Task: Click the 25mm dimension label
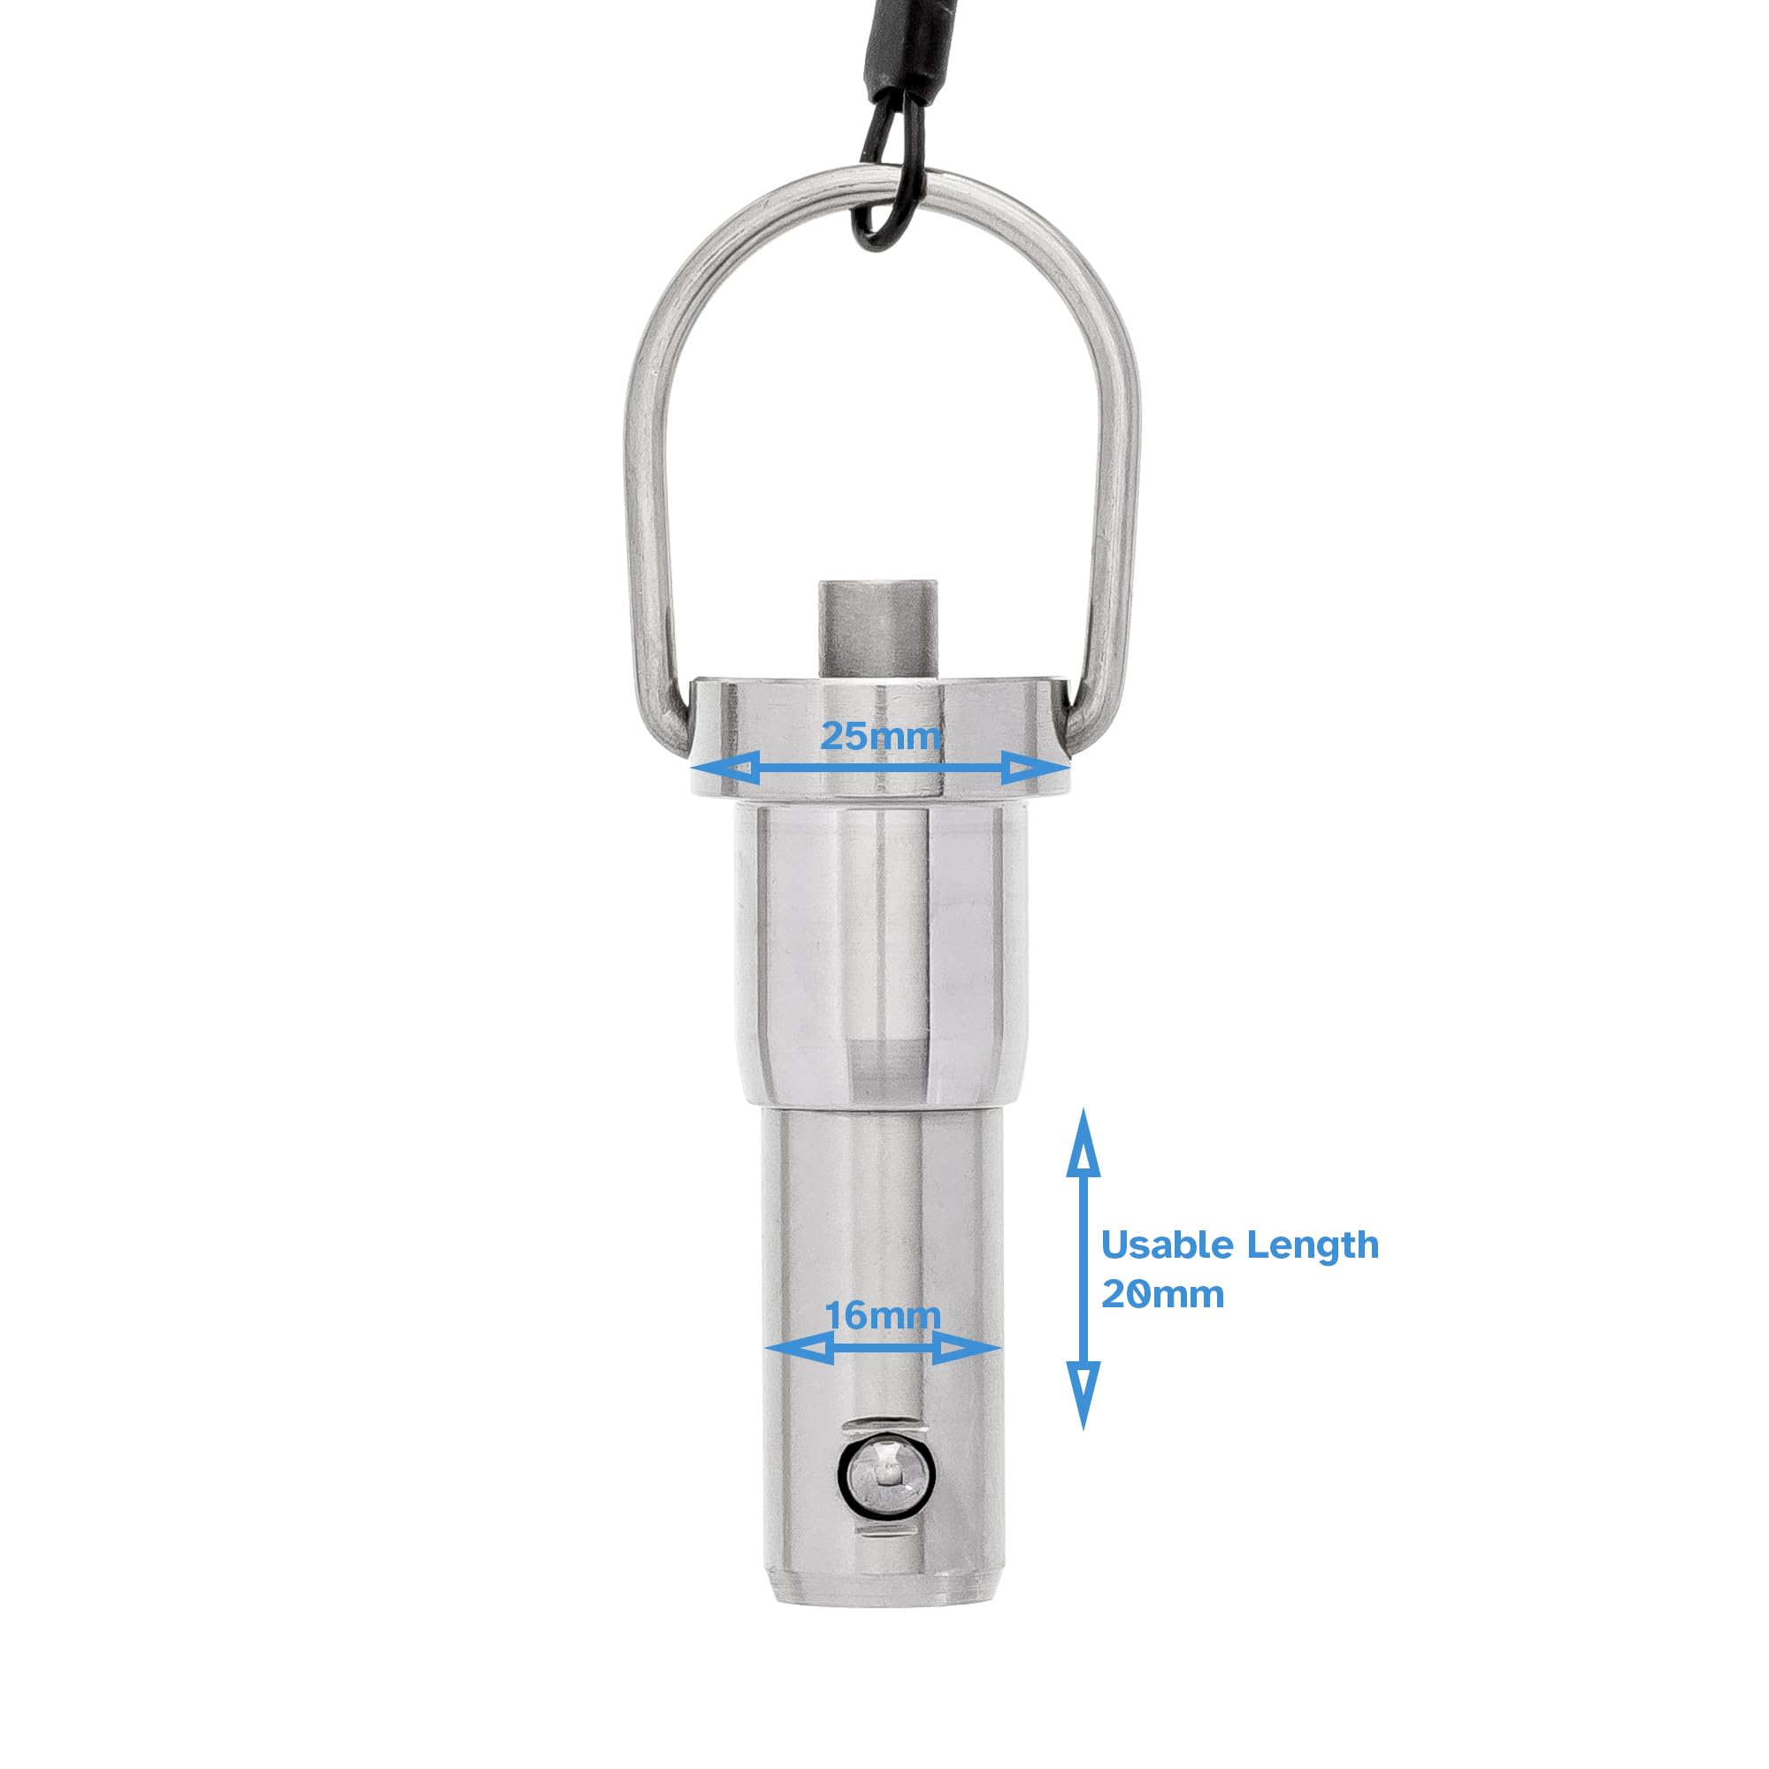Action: pyautogui.click(x=880, y=736)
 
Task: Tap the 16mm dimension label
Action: pyautogui.click(x=883, y=1316)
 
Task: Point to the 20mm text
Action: pyautogui.click(x=1162, y=1295)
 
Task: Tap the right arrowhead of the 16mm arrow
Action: pyautogui.click(x=967, y=1348)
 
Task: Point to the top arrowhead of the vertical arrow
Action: pyautogui.click(x=1084, y=1144)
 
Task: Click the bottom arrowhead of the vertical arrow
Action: pyautogui.click(x=1084, y=1395)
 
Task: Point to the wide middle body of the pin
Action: pyautogui.click(x=879, y=953)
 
